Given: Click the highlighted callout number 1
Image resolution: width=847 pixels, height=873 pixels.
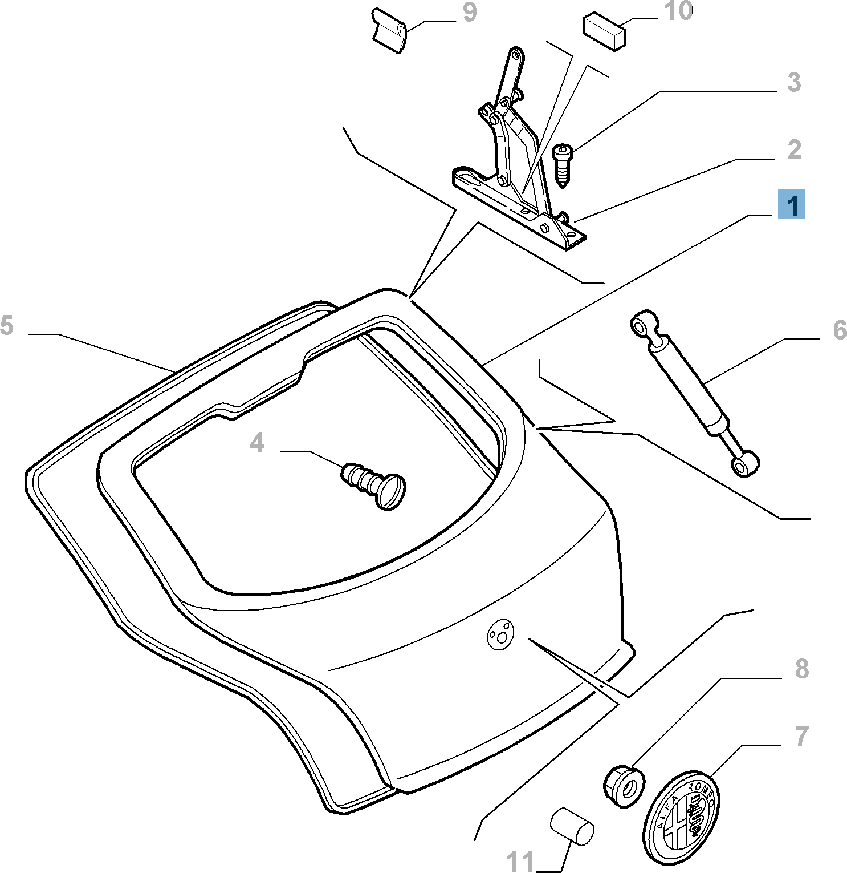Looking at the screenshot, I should [x=792, y=204].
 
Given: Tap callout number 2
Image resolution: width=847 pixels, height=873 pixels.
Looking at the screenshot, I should [x=794, y=150].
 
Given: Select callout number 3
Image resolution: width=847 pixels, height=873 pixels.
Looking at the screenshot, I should [x=794, y=83].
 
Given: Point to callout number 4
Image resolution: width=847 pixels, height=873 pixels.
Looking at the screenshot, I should [x=257, y=443].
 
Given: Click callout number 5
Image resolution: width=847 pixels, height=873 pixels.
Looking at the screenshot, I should [x=6, y=325].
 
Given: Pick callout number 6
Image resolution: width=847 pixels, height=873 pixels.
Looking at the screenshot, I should [x=840, y=330].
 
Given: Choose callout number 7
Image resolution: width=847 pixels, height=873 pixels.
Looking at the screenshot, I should [x=801, y=736].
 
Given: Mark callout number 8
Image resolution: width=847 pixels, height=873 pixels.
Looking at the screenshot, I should [x=801, y=669].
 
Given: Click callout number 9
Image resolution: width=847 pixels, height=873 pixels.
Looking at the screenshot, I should [x=469, y=13].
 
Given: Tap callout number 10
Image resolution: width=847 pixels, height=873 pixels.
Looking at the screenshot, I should [x=678, y=11].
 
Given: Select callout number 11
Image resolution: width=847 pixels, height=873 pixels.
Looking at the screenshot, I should [x=520, y=861].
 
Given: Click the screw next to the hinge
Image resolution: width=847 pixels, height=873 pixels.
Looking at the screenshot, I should [x=562, y=164].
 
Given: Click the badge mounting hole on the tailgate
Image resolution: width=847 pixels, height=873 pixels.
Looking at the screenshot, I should [x=500, y=633].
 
